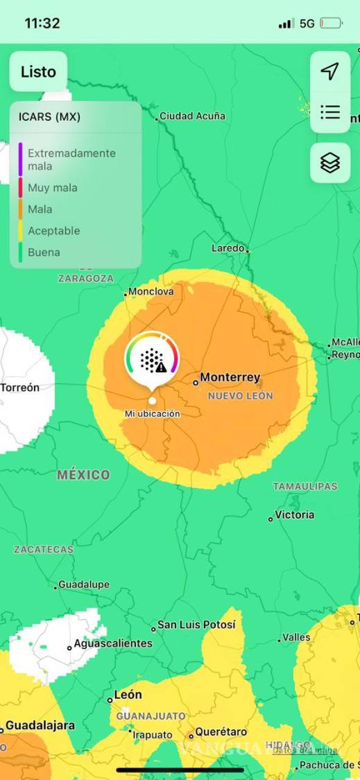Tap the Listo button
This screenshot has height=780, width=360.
[x=38, y=71]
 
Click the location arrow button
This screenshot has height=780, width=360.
[x=329, y=71]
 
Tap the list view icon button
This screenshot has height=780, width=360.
[x=329, y=112]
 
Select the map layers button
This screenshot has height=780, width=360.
[x=329, y=163]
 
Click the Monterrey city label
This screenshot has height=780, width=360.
[x=230, y=378]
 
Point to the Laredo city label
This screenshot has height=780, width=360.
[x=228, y=248]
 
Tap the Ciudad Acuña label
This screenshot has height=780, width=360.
[x=192, y=116]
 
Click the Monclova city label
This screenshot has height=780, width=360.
[x=151, y=292]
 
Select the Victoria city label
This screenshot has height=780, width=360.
[x=294, y=515]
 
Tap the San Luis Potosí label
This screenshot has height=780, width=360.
[x=196, y=625]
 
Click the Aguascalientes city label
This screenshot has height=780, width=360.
[x=112, y=643]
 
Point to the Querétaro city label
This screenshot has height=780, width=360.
[x=221, y=731]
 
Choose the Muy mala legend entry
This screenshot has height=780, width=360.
[x=53, y=188]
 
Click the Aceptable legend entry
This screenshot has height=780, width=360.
[x=53, y=231]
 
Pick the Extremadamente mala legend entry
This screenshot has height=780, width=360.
[x=71, y=159]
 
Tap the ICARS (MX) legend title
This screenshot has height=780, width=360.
[x=49, y=117]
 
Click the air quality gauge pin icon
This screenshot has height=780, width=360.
[x=152, y=358]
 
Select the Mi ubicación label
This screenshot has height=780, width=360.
[x=152, y=414]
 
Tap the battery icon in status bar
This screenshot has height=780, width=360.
[x=331, y=24]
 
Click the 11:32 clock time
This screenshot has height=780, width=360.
[x=42, y=23]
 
